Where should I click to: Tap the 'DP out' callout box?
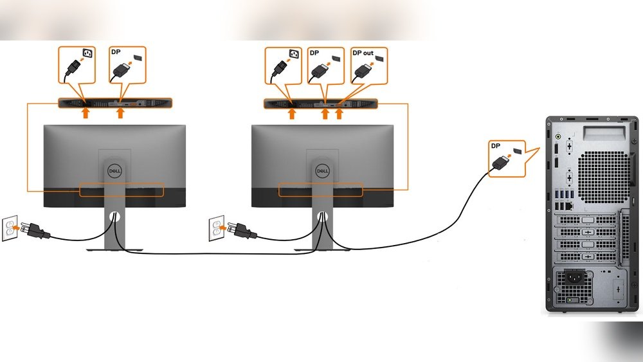(368, 64)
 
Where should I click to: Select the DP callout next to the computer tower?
(506, 157)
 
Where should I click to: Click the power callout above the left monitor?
(77, 64)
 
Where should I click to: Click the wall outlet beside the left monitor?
(10, 230)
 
